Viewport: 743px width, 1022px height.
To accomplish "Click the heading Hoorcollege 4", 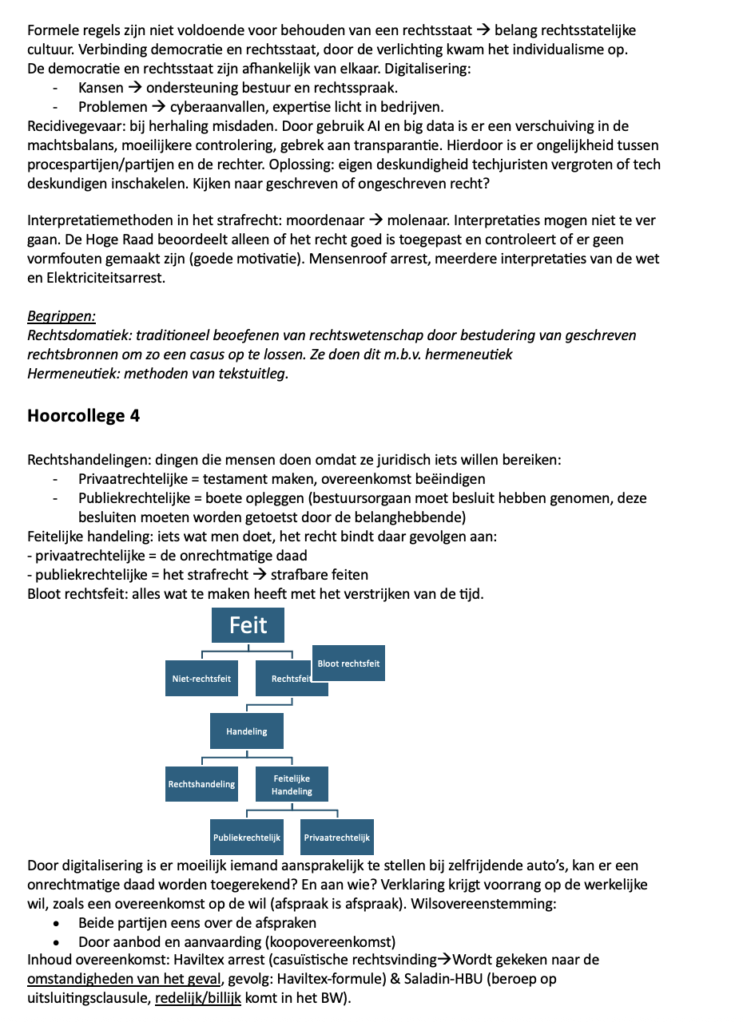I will pyautogui.click(x=83, y=416).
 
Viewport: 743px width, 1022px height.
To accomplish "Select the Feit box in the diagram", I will pyautogui.click(x=248, y=625).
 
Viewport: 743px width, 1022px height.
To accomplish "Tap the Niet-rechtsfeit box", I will pyautogui.click(x=201, y=679).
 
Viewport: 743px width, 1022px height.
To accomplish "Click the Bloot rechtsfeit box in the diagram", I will pyautogui.click(x=348, y=663).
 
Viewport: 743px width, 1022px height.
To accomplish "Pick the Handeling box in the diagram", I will pyautogui.click(x=246, y=731).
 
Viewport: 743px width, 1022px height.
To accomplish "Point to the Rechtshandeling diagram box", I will pyautogui.click(x=201, y=784).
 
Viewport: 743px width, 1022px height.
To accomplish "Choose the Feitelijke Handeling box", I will pyautogui.click(x=292, y=784).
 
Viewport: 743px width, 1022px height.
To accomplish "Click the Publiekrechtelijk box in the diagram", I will pyautogui.click(x=246, y=838).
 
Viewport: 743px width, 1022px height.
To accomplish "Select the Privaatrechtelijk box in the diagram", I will pyautogui.click(x=336, y=838).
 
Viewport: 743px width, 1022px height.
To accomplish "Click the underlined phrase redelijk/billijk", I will pyautogui.click(x=197, y=998).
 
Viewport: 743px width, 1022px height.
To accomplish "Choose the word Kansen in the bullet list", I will pyautogui.click(x=101, y=88).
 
